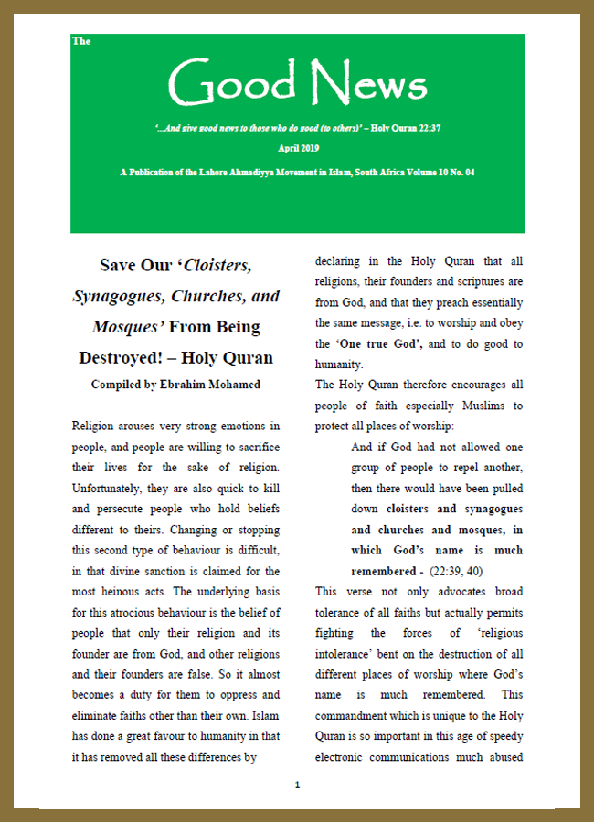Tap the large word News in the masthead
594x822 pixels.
(369, 83)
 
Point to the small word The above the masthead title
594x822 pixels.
(81, 41)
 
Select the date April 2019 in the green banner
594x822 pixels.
(298, 147)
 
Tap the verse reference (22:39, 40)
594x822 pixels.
(455, 572)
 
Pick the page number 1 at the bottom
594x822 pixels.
(297, 785)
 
